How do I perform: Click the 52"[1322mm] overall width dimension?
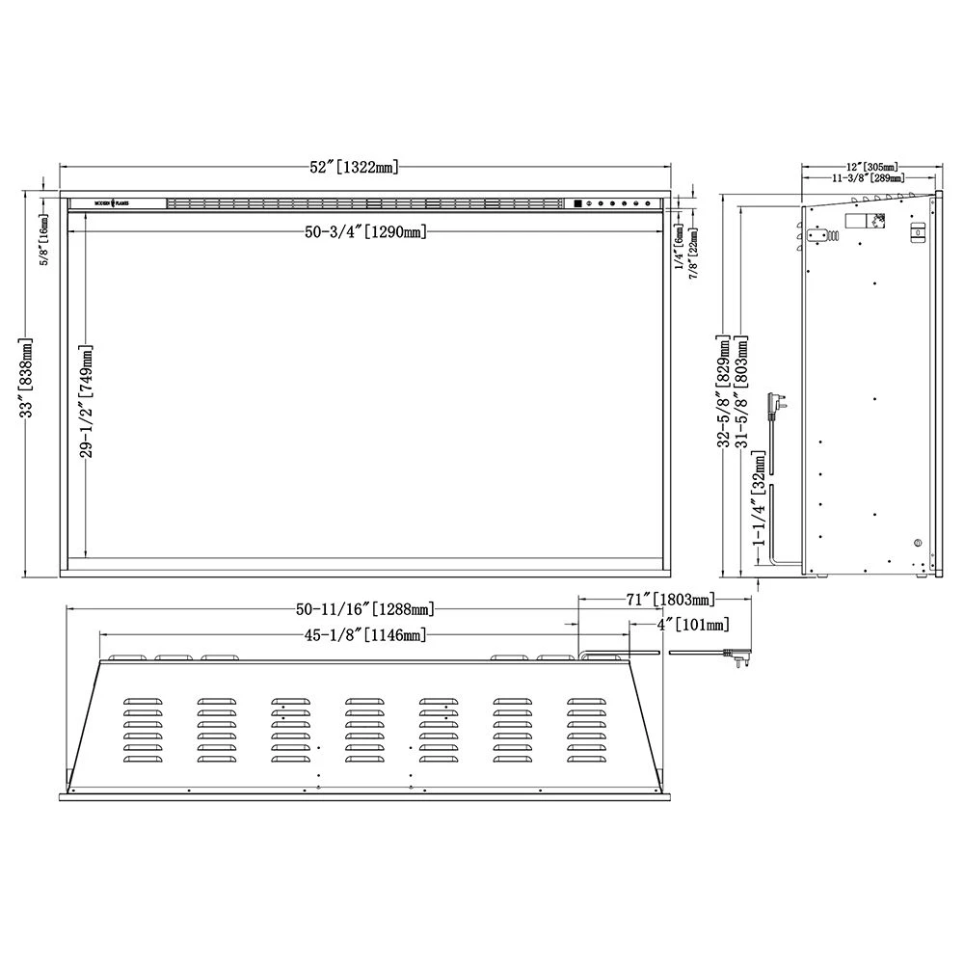(x=354, y=167)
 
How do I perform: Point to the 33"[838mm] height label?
(x=28, y=378)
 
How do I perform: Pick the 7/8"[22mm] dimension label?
(x=694, y=252)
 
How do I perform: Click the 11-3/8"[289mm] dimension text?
(x=867, y=178)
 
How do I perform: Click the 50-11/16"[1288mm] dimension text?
(x=366, y=608)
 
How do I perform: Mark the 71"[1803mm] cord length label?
(x=669, y=600)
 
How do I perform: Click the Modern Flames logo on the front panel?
(x=117, y=203)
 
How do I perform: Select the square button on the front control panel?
(x=576, y=203)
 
